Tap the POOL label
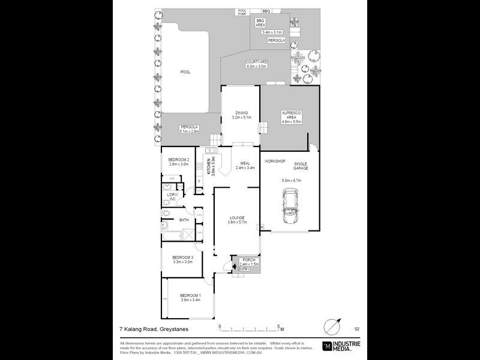pyautogui.click(x=185, y=72)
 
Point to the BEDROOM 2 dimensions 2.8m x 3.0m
pyautogui.click(x=179, y=164)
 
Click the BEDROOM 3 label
pyautogui.click(x=182, y=257)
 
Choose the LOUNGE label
pyautogui.click(x=236, y=218)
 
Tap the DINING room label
pyautogui.click(x=241, y=112)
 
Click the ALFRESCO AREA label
pyautogui.click(x=291, y=115)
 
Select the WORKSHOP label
pyautogui.click(x=274, y=162)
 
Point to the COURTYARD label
pyautogui.click(x=256, y=62)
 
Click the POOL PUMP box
pyautogui.click(x=242, y=11)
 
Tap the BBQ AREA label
pyautogui.click(x=260, y=22)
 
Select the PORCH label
pyautogui.click(x=248, y=259)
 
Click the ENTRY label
pyautogui.click(x=244, y=269)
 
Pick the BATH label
pyautogui.click(x=184, y=220)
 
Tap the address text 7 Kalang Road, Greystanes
pyautogui.click(x=152, y=329)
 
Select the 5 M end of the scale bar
pyautogui.click(x=280, y=328)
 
